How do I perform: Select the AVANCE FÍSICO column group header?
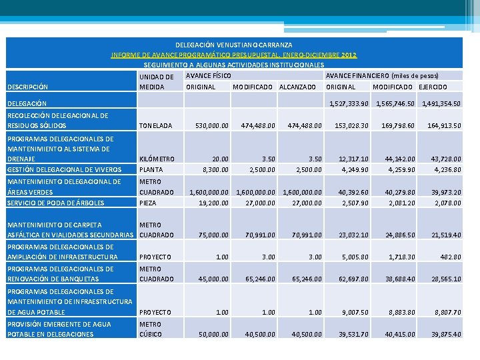point(209,76)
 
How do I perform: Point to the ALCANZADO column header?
point(297,87)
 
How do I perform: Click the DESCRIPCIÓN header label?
point(27,87)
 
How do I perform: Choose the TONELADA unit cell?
point(155,125)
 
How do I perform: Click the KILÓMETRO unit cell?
point(157,159)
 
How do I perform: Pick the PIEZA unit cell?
point(148,203)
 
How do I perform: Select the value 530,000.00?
point(211,125)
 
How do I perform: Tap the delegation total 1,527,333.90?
point(349,103)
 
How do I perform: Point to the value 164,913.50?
point(443,125)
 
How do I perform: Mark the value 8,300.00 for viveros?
point(215,169)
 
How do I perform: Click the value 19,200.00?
point(213,203)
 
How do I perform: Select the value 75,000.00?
point(213,235)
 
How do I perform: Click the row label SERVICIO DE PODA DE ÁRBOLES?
point(55,203)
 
